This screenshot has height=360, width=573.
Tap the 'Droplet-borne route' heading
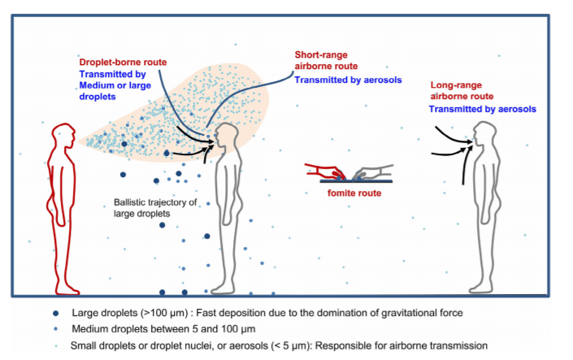tap(117, 63)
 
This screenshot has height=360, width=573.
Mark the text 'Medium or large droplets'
tap(109, 90)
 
